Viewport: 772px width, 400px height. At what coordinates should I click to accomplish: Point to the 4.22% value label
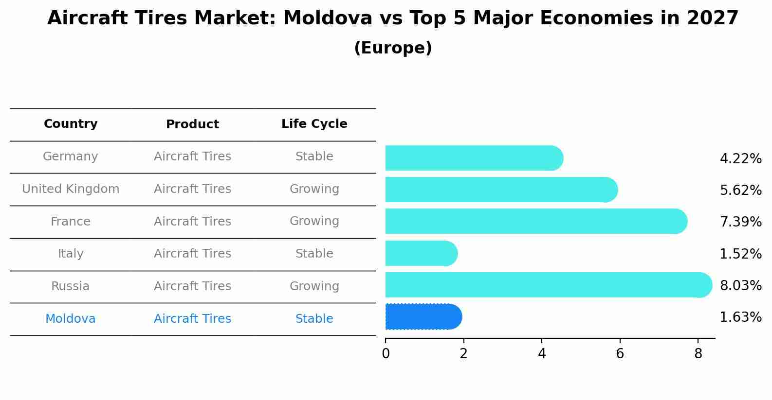[740, 159]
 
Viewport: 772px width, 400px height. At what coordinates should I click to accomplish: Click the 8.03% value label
[740, 285]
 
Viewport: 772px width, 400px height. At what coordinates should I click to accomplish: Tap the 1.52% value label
[740, 254]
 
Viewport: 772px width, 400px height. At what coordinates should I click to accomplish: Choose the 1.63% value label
[740, 317]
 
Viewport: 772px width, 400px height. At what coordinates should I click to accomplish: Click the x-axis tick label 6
[620, 354]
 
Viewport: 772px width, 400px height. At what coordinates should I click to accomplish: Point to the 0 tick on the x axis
[386, 354]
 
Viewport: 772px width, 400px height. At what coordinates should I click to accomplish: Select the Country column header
[71, 124]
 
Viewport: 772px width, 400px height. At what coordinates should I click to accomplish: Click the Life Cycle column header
[314, 124]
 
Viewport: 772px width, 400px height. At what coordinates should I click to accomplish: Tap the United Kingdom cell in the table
[71, 189]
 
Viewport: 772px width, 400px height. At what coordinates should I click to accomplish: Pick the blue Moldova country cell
[71, 319]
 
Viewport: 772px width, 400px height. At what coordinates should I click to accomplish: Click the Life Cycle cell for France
[314, 221]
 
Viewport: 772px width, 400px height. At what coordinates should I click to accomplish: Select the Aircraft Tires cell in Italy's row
[192, 254]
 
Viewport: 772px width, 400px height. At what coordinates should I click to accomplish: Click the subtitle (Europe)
[393, 48]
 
